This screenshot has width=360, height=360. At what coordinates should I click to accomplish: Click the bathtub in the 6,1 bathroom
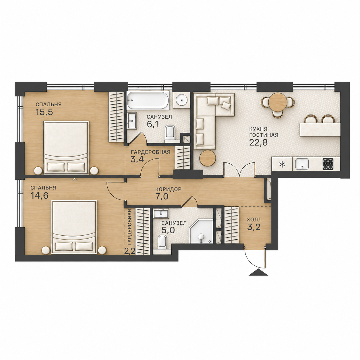click(148, 100)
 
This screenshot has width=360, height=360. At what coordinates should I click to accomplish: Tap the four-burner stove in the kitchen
click(328, 164)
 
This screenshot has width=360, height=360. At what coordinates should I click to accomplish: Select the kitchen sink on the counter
click(302, 164)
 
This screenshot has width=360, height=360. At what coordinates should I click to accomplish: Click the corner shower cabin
click(201, 231)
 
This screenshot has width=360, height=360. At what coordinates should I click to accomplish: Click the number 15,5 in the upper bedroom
click(44, 112)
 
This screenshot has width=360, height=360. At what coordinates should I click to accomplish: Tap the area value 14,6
click(39, 196)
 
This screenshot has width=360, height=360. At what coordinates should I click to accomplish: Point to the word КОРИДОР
click(168, 189)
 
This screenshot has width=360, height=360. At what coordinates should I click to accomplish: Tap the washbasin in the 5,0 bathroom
click(161, 213)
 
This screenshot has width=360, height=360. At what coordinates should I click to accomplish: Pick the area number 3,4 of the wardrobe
click(136, 160)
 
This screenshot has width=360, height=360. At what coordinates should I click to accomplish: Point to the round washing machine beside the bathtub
click(181, 100)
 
